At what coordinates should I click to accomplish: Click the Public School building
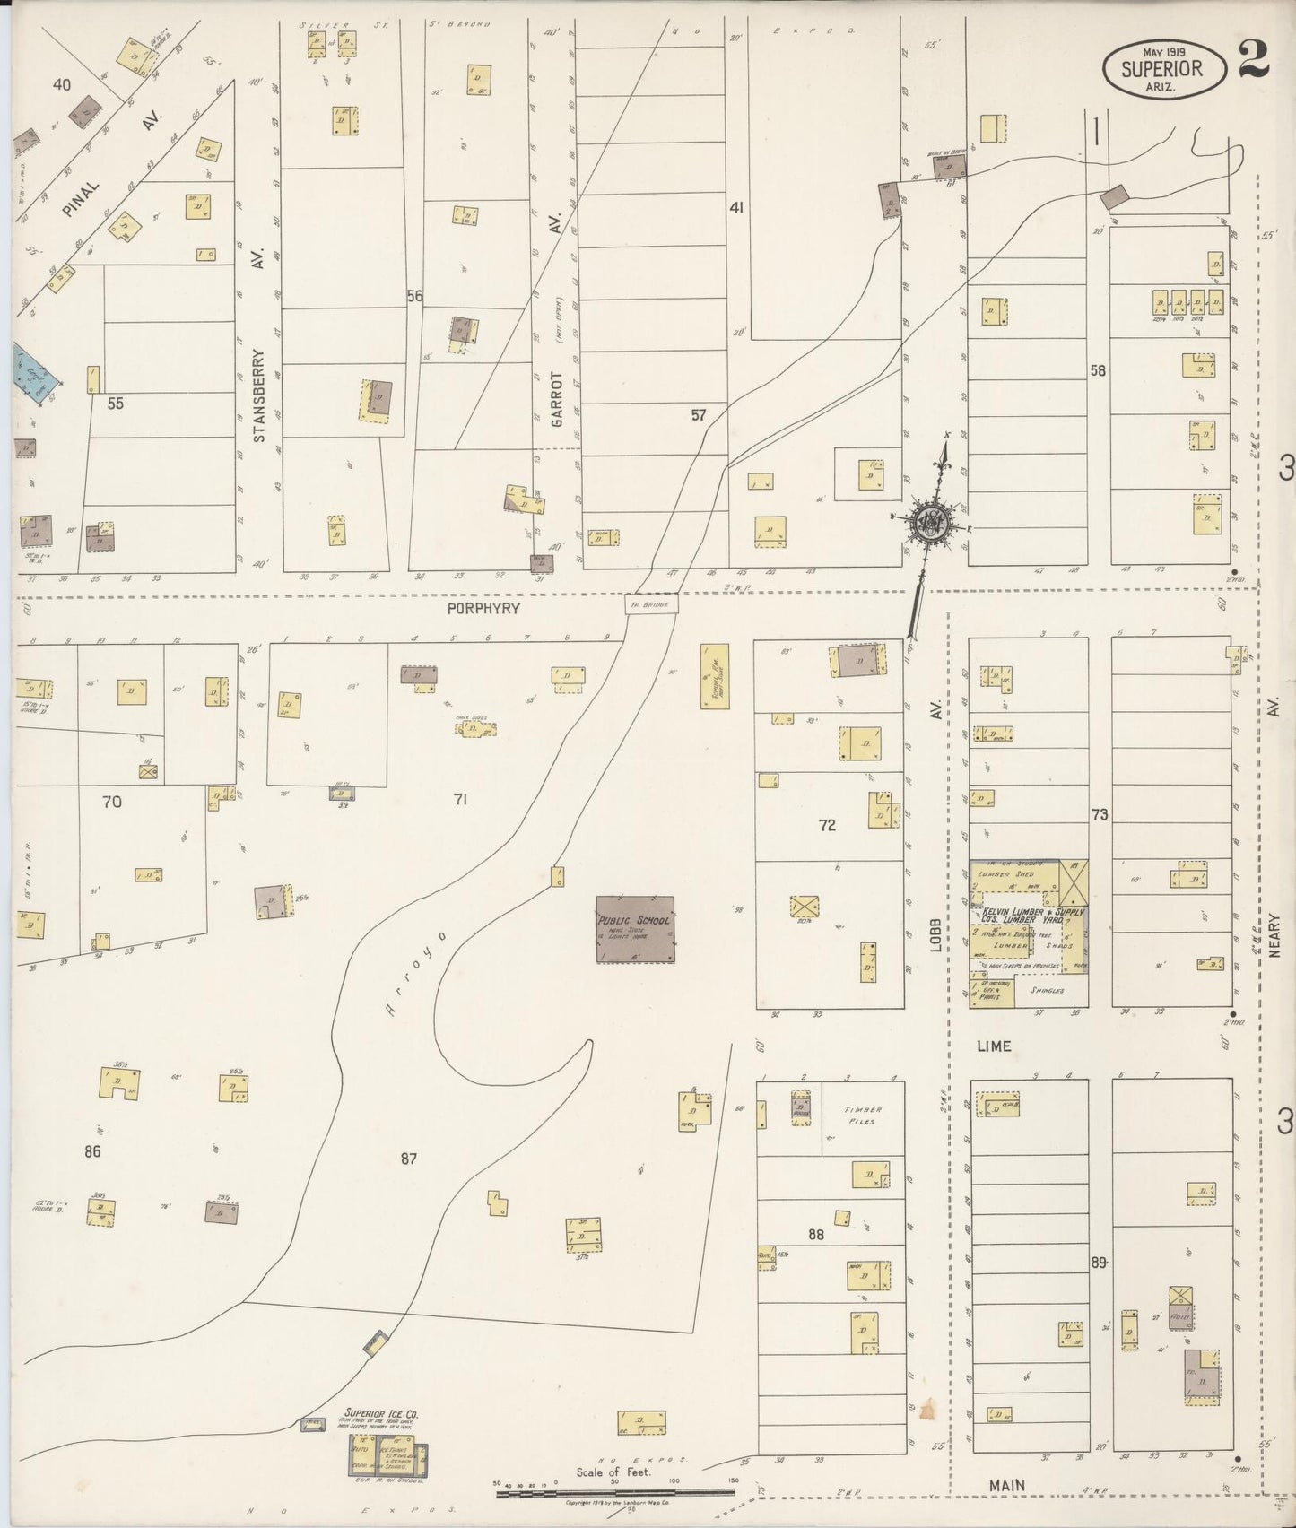635,928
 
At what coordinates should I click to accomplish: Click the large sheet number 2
1253,63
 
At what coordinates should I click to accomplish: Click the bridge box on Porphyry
652,605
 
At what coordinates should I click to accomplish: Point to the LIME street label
994,1046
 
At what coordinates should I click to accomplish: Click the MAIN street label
1007,1486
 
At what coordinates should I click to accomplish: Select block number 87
409,1159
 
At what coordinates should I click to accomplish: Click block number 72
827,825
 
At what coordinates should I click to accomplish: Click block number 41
736,208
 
